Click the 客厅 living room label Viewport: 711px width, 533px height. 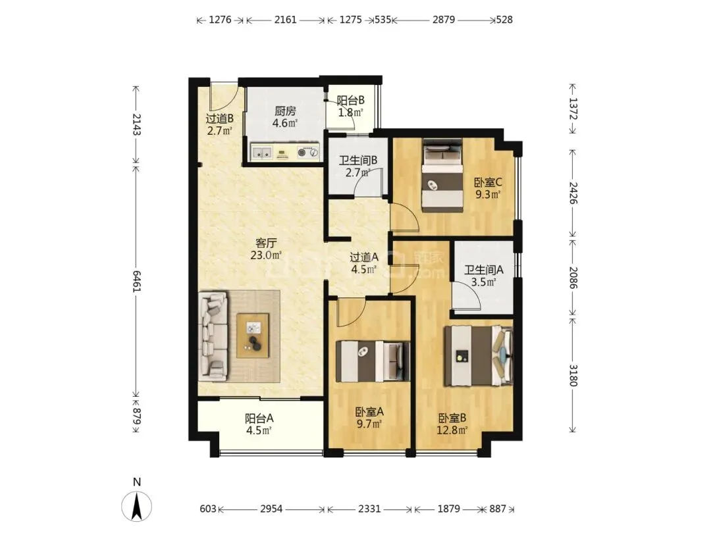pos(266,243)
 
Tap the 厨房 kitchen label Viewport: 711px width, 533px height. pos(285,111)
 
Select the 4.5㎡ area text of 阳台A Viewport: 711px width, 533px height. pos(259,430)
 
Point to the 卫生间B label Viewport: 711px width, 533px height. pos(358,161)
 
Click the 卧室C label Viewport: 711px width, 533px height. pos(488,183)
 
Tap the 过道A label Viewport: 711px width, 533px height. pos(364,257)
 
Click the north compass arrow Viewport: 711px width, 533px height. pos(136,506)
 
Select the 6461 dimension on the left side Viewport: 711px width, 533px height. pos(136,281)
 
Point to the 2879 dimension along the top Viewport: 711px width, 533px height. pos(444,20)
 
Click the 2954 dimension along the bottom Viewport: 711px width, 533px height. pos(271,509)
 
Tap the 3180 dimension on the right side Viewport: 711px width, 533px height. pos(573,375)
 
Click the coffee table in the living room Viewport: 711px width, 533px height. pos(253,336)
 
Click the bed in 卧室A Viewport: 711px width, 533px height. pos(372,361)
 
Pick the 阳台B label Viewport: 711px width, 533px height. pos(350,100)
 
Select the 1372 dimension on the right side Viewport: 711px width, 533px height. pos(573,109)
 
